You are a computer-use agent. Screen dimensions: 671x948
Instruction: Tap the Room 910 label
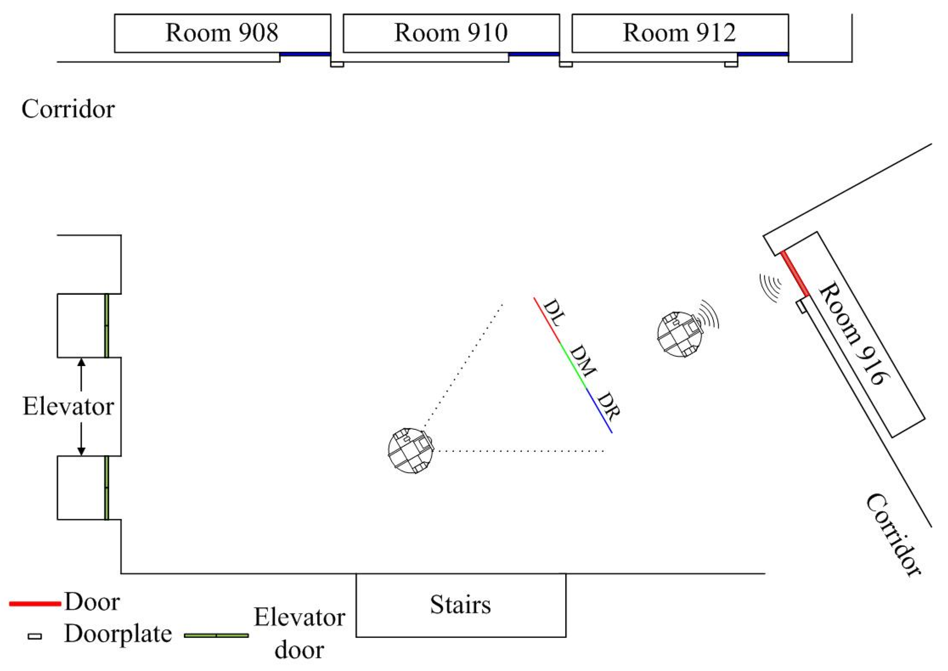tap(451, 33)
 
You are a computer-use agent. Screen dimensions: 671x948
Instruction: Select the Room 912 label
tap(679, 33)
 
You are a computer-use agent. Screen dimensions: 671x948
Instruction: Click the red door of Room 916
tap(794, 274)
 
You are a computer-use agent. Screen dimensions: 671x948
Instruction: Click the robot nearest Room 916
tap(679, 334)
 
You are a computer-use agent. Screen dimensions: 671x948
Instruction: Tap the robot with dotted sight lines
tap(410, 450)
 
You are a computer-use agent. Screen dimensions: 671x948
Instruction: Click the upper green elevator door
tap(106, 325)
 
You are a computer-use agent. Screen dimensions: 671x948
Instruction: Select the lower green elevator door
tap(106, 488)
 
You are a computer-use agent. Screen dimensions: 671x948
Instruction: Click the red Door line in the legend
tap(35, 604)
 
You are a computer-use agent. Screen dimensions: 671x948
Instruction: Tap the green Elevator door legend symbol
tap(216, 635)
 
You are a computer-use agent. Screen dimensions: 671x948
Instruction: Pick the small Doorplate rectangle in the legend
tap(35, 636)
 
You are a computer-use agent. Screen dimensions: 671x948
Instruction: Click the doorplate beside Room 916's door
tap(802, 307)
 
